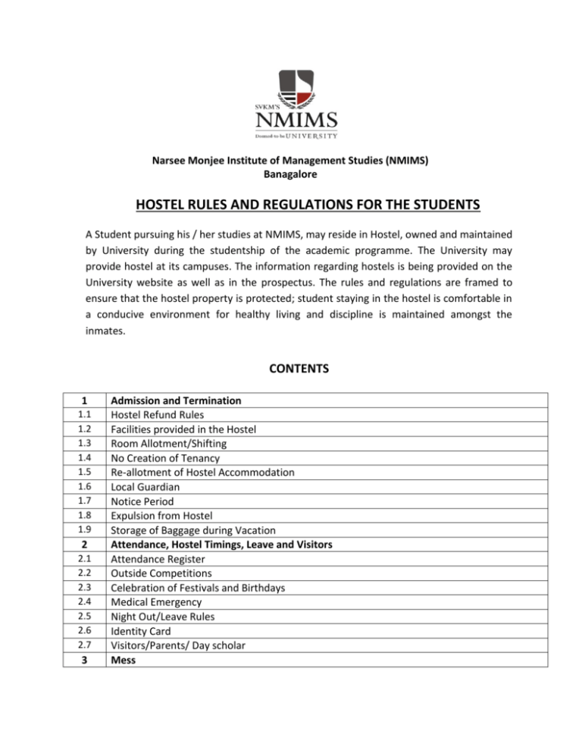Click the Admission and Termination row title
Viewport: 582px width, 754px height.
[x=176, y=400]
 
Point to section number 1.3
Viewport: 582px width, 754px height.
[x=86, y=443]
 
